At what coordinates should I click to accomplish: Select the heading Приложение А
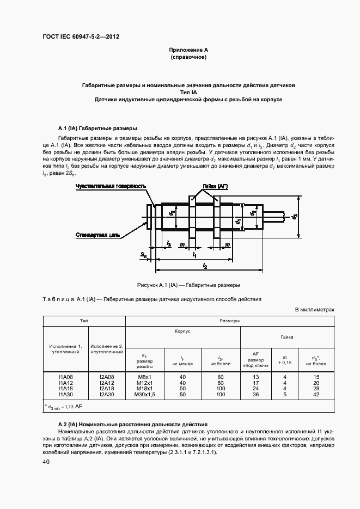pos(188,50)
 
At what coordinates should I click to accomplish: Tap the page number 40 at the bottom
pos(46,462)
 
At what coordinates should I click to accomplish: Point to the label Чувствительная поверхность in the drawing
pos(111,186)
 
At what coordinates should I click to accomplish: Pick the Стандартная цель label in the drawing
pos(99,235)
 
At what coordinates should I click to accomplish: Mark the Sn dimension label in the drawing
pos(143,255)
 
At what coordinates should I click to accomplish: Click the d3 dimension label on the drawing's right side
pos(295,217)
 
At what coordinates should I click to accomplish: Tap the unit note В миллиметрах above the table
pos(314,310)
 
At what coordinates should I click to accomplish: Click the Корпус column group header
pos(182,331)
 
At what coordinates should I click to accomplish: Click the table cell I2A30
pos(107,394)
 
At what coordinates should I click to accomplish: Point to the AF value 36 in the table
pos(255,394)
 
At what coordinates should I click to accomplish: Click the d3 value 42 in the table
pos(316,394)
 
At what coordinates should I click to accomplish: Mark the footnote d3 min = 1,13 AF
pos(64,407)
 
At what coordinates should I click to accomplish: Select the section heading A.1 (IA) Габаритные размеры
pos(97,128)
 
